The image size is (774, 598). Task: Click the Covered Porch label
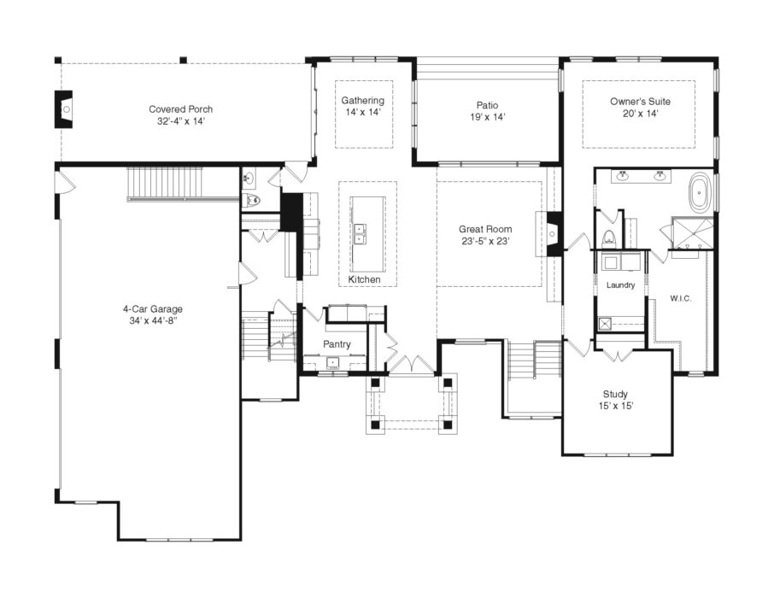pyautogui.click(x=180, y=109)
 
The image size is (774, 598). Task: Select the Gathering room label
pyautogui.click(x=363, y=101)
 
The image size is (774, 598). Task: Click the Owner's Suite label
pyautogui.click(x=640, y=101)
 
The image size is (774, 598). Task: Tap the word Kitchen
pyautogui.click(x=364, y=280)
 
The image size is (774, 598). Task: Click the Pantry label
pyautogui.click(x=337, y=343)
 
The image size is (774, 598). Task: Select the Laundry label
pyautogui.click(x=620, y=284)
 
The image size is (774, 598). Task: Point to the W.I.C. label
pyautogui.click(x=681, y=298)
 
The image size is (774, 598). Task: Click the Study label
pyautogui.click(x=615, y=394)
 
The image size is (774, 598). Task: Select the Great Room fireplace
pyautogui.click(x=553, y=232)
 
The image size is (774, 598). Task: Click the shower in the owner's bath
pyautogui.click(x=692, y=232)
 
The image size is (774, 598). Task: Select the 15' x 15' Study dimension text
pyautogui.click(x=615, y=406)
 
